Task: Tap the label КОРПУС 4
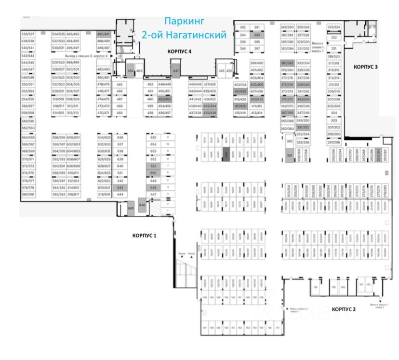click(x=179, y=51)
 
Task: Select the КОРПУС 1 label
click(x=145, y=236)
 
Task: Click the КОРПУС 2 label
click(x=343, y=309)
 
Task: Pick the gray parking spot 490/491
click(x=104, y=34)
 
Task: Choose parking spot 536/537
click(x=28, y=34)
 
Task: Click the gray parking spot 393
click(x=257, y=35)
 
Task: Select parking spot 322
click(x=333, y=37)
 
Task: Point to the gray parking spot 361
click(x=290, y=155)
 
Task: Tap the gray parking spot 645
click(x=131, y=208)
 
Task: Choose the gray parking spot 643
click(x=120, y=187)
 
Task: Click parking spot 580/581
click(x=28, y=195)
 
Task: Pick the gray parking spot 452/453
click(x=164, y=98)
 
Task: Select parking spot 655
click(x=154, y=137)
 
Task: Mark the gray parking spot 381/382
click(x=287, y=63)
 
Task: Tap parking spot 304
click(x=333, y=113)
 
